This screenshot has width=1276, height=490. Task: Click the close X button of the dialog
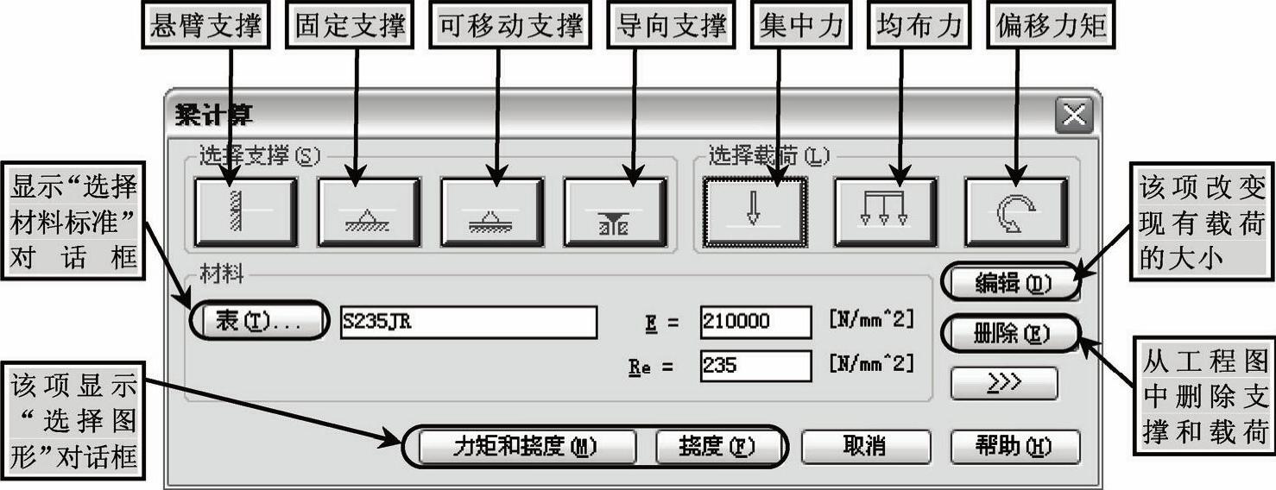1074,116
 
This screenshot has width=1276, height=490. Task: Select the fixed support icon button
369,212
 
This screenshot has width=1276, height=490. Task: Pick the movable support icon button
491,212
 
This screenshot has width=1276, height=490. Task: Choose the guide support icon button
615,212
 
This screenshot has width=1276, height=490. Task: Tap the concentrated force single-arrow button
755,212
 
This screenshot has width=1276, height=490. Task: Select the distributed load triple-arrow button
885,212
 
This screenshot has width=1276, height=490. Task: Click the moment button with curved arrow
1015,212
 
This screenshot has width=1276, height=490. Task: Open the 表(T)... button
258,322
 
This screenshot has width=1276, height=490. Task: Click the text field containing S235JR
468,322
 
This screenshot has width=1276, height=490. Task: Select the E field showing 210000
755,322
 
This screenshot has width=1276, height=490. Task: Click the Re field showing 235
755,366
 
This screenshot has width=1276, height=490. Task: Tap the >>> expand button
1004,383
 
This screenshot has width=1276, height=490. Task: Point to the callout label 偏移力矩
1051,26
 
